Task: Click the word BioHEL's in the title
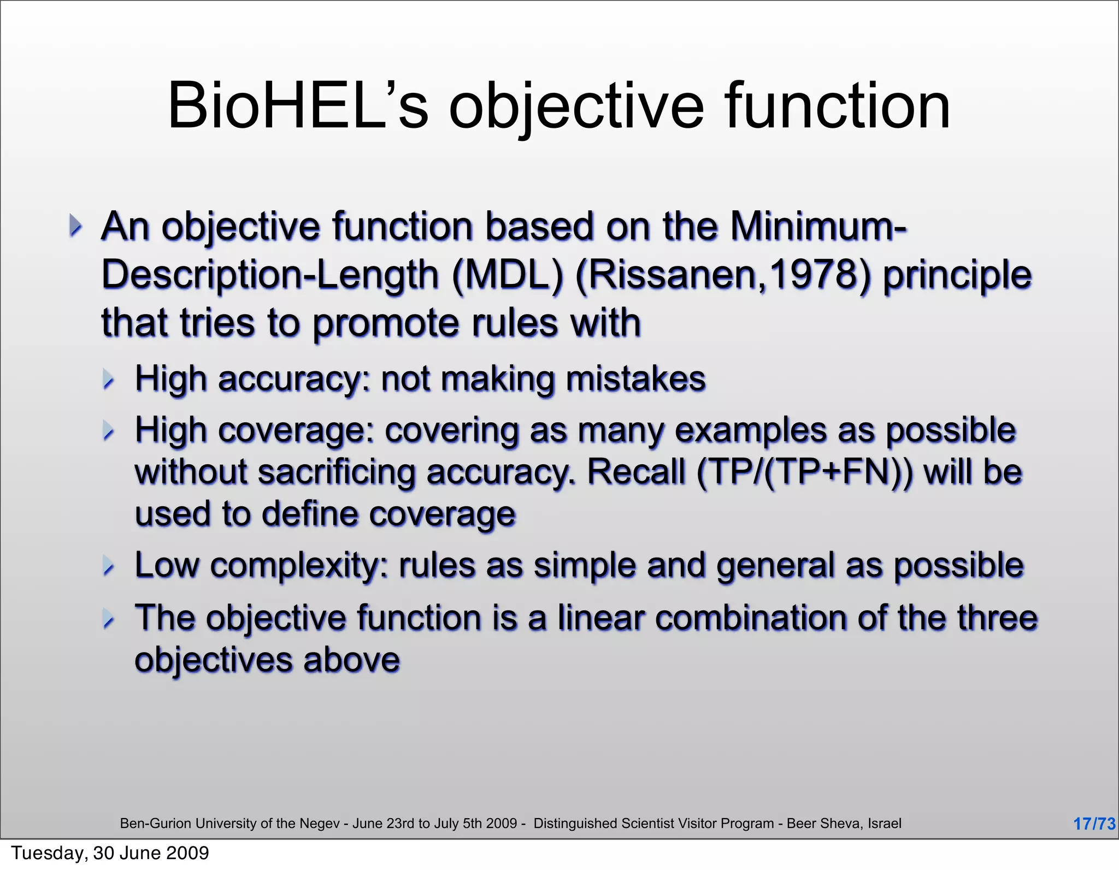click(298, 106)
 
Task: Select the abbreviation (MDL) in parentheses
click(508, 274)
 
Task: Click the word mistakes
click(636, 379)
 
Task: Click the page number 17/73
click(1094, 824)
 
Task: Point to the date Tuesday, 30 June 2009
click(110, 853)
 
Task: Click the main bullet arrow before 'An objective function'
click(76, 226)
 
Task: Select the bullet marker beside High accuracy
click(109, 380)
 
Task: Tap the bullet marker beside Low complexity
click(109, 566)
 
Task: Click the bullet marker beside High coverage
click(109, 431)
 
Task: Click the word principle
click(957, 274)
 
